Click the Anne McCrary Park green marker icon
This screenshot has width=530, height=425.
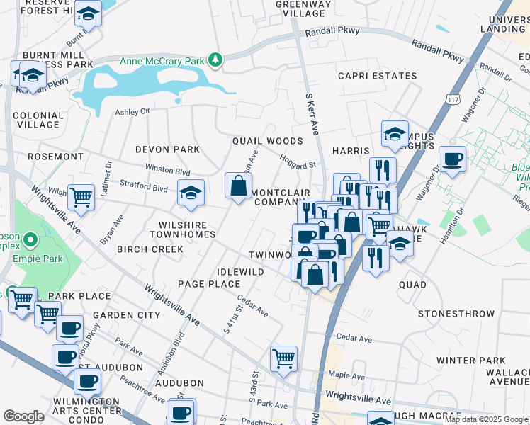[x=216, y=61]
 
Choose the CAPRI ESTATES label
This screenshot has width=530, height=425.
[x=377, y=76]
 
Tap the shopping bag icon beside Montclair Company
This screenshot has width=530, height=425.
[x=239, y=186]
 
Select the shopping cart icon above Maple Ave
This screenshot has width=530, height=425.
[x=283, y=358]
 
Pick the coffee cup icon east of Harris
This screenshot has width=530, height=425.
[x=452, y=159]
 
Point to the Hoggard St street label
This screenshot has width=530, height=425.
[x=298, y=162]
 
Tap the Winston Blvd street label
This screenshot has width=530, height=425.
[x=168, y=171]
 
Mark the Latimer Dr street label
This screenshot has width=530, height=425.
[x=108, y=174]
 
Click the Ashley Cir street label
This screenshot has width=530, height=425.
[x=133, y=111]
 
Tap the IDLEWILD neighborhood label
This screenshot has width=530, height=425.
[x=241, y=272]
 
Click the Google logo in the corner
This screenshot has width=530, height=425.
[x=23, y=416]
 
